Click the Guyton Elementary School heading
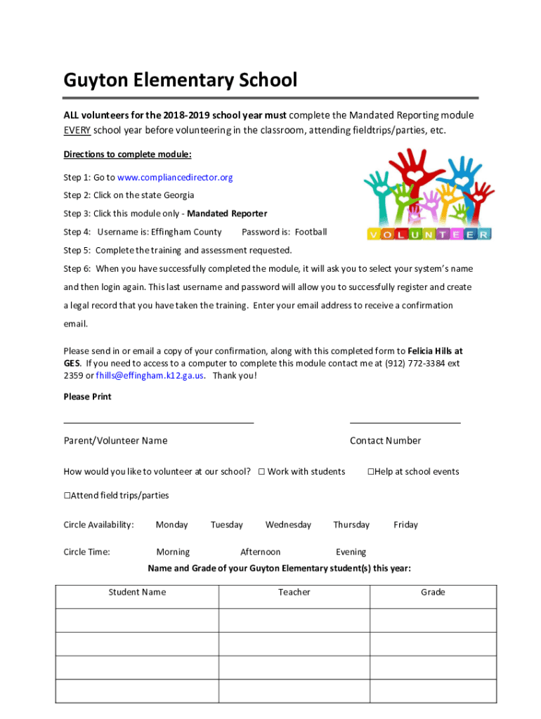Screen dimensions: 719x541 (180, 80)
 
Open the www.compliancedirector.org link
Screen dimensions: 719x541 (175, 177)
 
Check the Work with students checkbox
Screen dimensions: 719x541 (261, 472)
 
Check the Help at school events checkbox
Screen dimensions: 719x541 (370, 472)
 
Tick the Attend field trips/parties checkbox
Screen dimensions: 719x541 (67, 496)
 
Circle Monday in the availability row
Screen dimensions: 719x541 (171, 525)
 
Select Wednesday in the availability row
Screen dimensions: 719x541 (288, 525)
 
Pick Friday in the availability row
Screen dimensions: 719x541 (405, 525)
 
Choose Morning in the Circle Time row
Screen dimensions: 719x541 (173, 552)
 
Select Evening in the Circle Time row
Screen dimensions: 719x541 (351, 552)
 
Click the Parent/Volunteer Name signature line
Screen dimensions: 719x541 (159, 423)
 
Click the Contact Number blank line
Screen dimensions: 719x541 (405, 423)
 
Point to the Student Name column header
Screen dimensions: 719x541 (137, 592)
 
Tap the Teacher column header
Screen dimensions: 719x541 (294, 592)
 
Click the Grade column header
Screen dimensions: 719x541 (433, 592)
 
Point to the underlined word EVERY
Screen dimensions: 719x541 (77, 131)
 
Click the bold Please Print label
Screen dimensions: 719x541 (87, 397)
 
